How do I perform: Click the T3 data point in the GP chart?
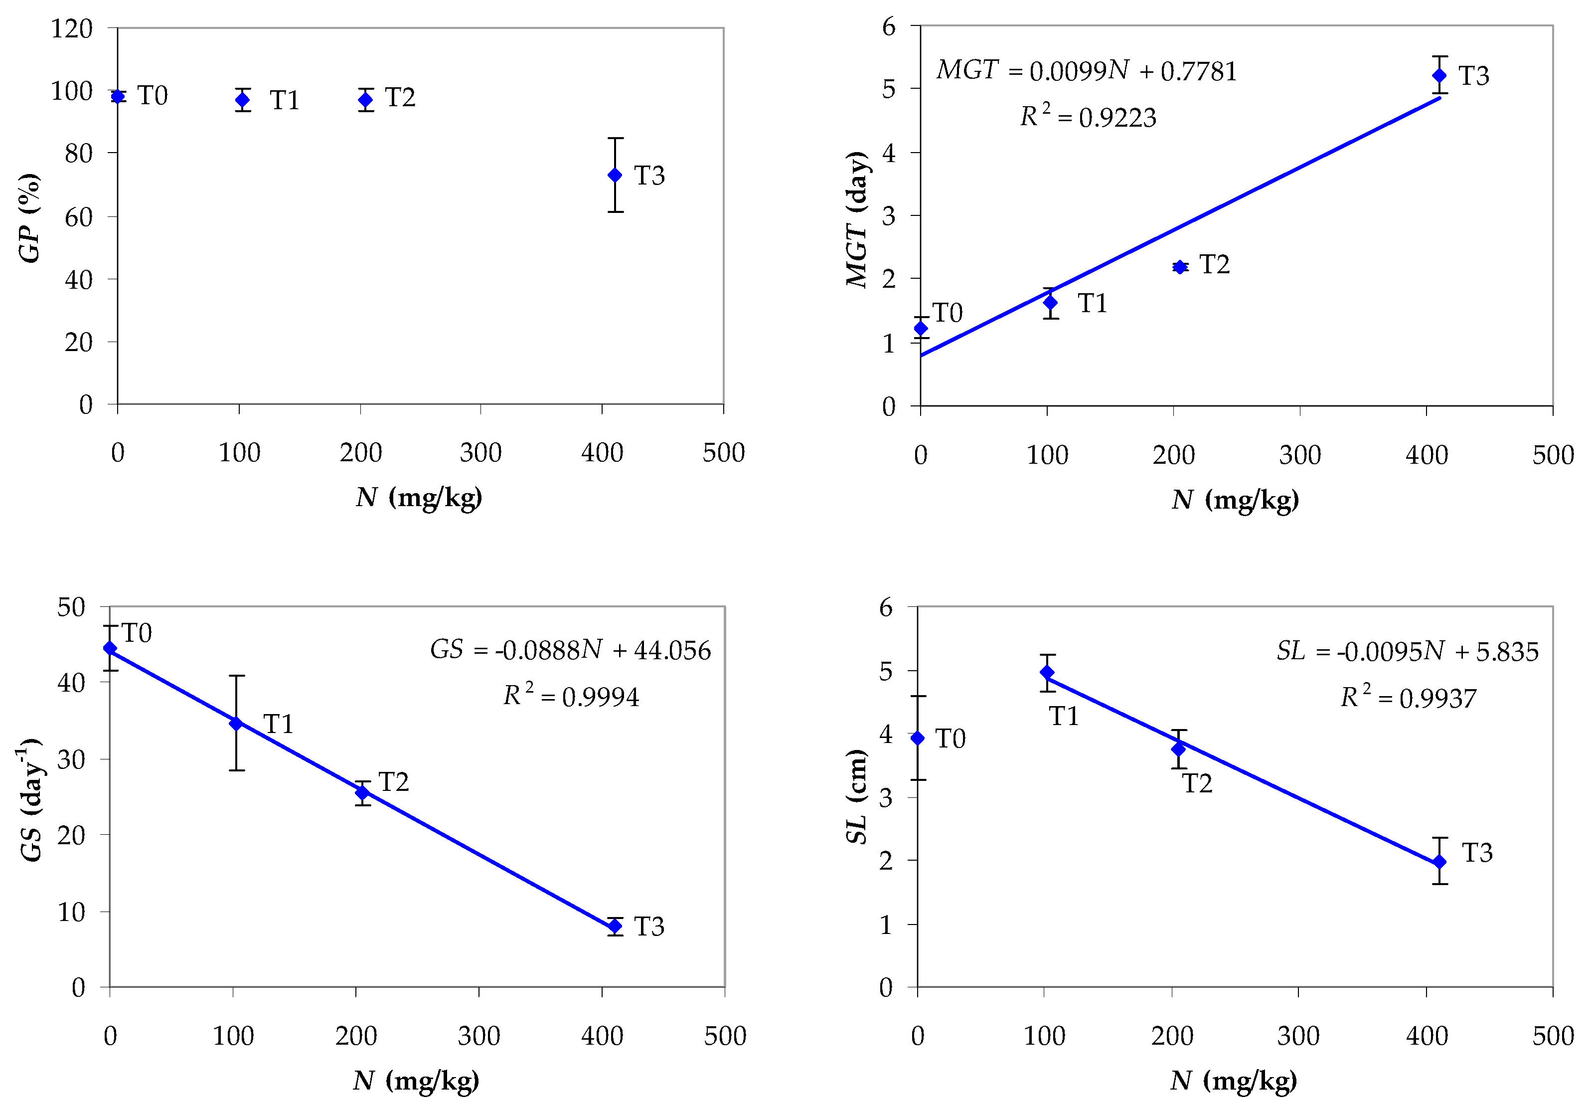tap(614, 176)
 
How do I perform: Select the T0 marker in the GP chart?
tap(118, 96)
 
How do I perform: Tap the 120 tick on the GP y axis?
tap(71, 28)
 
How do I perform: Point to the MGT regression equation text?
tap(1086, 71)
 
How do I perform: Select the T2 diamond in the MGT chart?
tap(1180, 267)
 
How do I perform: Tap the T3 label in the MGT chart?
tap(1474, 75)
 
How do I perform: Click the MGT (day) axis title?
tap(857, 219)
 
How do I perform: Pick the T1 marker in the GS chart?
tap(236, 723)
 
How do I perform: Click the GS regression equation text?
tap(570, 650)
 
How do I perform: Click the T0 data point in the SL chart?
tap(918, 738)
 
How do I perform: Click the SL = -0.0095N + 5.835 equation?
tap(1407, 651)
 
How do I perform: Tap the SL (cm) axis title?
tap(857, 797)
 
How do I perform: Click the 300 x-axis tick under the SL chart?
tap(1298, 1036)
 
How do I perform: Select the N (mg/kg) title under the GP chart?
tap(419, 498)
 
